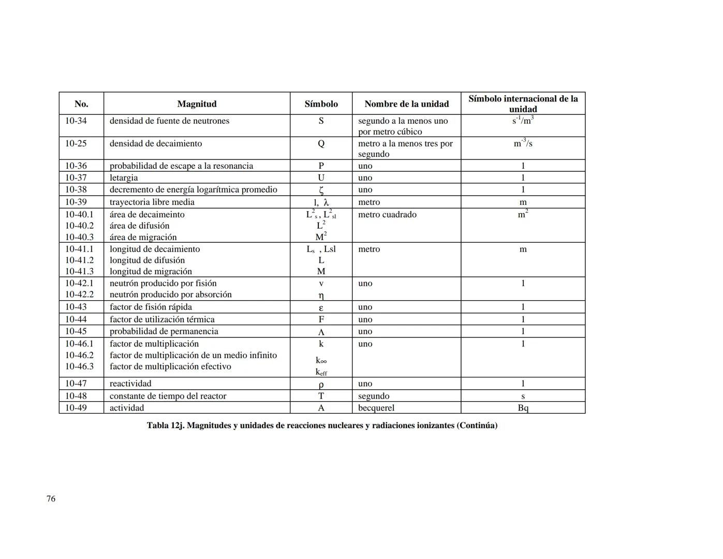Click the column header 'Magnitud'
point(197,104)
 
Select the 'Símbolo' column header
point(321,104)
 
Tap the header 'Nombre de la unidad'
point(406,104)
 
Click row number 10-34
point(76,121)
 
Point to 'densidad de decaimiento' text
point(156,143)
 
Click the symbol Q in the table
point(321,143)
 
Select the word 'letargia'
point(124,178)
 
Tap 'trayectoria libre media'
point(152,202)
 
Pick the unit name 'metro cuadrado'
point(387,214)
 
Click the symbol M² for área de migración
point(321,237)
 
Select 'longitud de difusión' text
point(147,260)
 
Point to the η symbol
point(321,296)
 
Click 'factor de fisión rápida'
point(151,307)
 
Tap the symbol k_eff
point(321,372)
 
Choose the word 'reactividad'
point(130,384)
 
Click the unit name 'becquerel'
point(376,408)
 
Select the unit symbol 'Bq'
point(523,408)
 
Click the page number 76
point(51,498)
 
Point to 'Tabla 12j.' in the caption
point(165,425)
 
